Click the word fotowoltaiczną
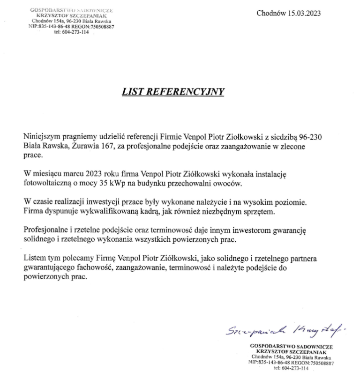[x=49, y=183]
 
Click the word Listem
[x=34, y=260]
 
